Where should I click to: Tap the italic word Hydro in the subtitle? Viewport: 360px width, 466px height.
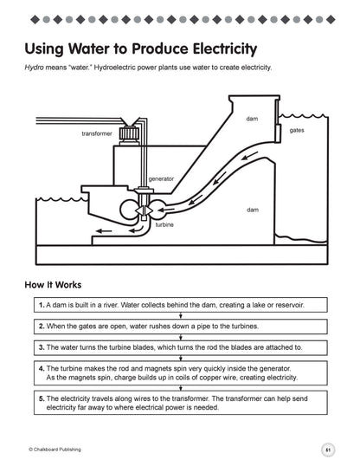(x=34, y=68)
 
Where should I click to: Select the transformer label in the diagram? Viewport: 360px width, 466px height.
(x=97, y=133)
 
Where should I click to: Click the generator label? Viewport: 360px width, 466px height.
(x=161, y=179)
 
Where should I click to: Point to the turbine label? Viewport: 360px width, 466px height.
(x=164, y=224)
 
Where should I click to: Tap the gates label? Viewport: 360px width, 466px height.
(x=297, y=130)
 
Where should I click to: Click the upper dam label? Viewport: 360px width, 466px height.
(x=252, y=119)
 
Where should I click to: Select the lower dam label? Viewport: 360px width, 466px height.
(x=253, y=210)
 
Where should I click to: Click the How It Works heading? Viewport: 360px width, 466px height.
(x=53, y=285)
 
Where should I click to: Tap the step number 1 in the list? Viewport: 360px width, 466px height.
(x=42, y=305)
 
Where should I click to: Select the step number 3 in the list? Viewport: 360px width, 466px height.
(x=42, y=347)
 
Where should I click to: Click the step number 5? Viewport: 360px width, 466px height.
(x=42, y=398)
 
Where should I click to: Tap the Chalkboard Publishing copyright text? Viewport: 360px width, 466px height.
(x=55, y=450)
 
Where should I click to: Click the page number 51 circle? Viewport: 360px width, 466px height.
(x=328, y=450)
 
